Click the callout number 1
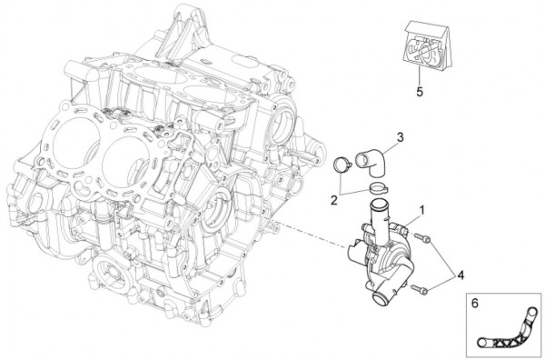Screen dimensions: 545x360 tap(422, 210)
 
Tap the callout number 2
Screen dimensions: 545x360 tap(334, 200)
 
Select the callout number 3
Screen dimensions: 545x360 tap(401, 137)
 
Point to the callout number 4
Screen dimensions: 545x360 tap(461, 275)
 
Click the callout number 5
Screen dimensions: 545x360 tap(420, 92)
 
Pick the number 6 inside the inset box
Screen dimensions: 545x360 tap(474, 304)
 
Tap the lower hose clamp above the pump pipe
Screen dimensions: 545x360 tap(379, 188)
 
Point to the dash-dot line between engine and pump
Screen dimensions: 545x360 tap(309, 234)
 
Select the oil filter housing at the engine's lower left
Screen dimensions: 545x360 tap(111, 272)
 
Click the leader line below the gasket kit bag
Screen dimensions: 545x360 tap(420, 75)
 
